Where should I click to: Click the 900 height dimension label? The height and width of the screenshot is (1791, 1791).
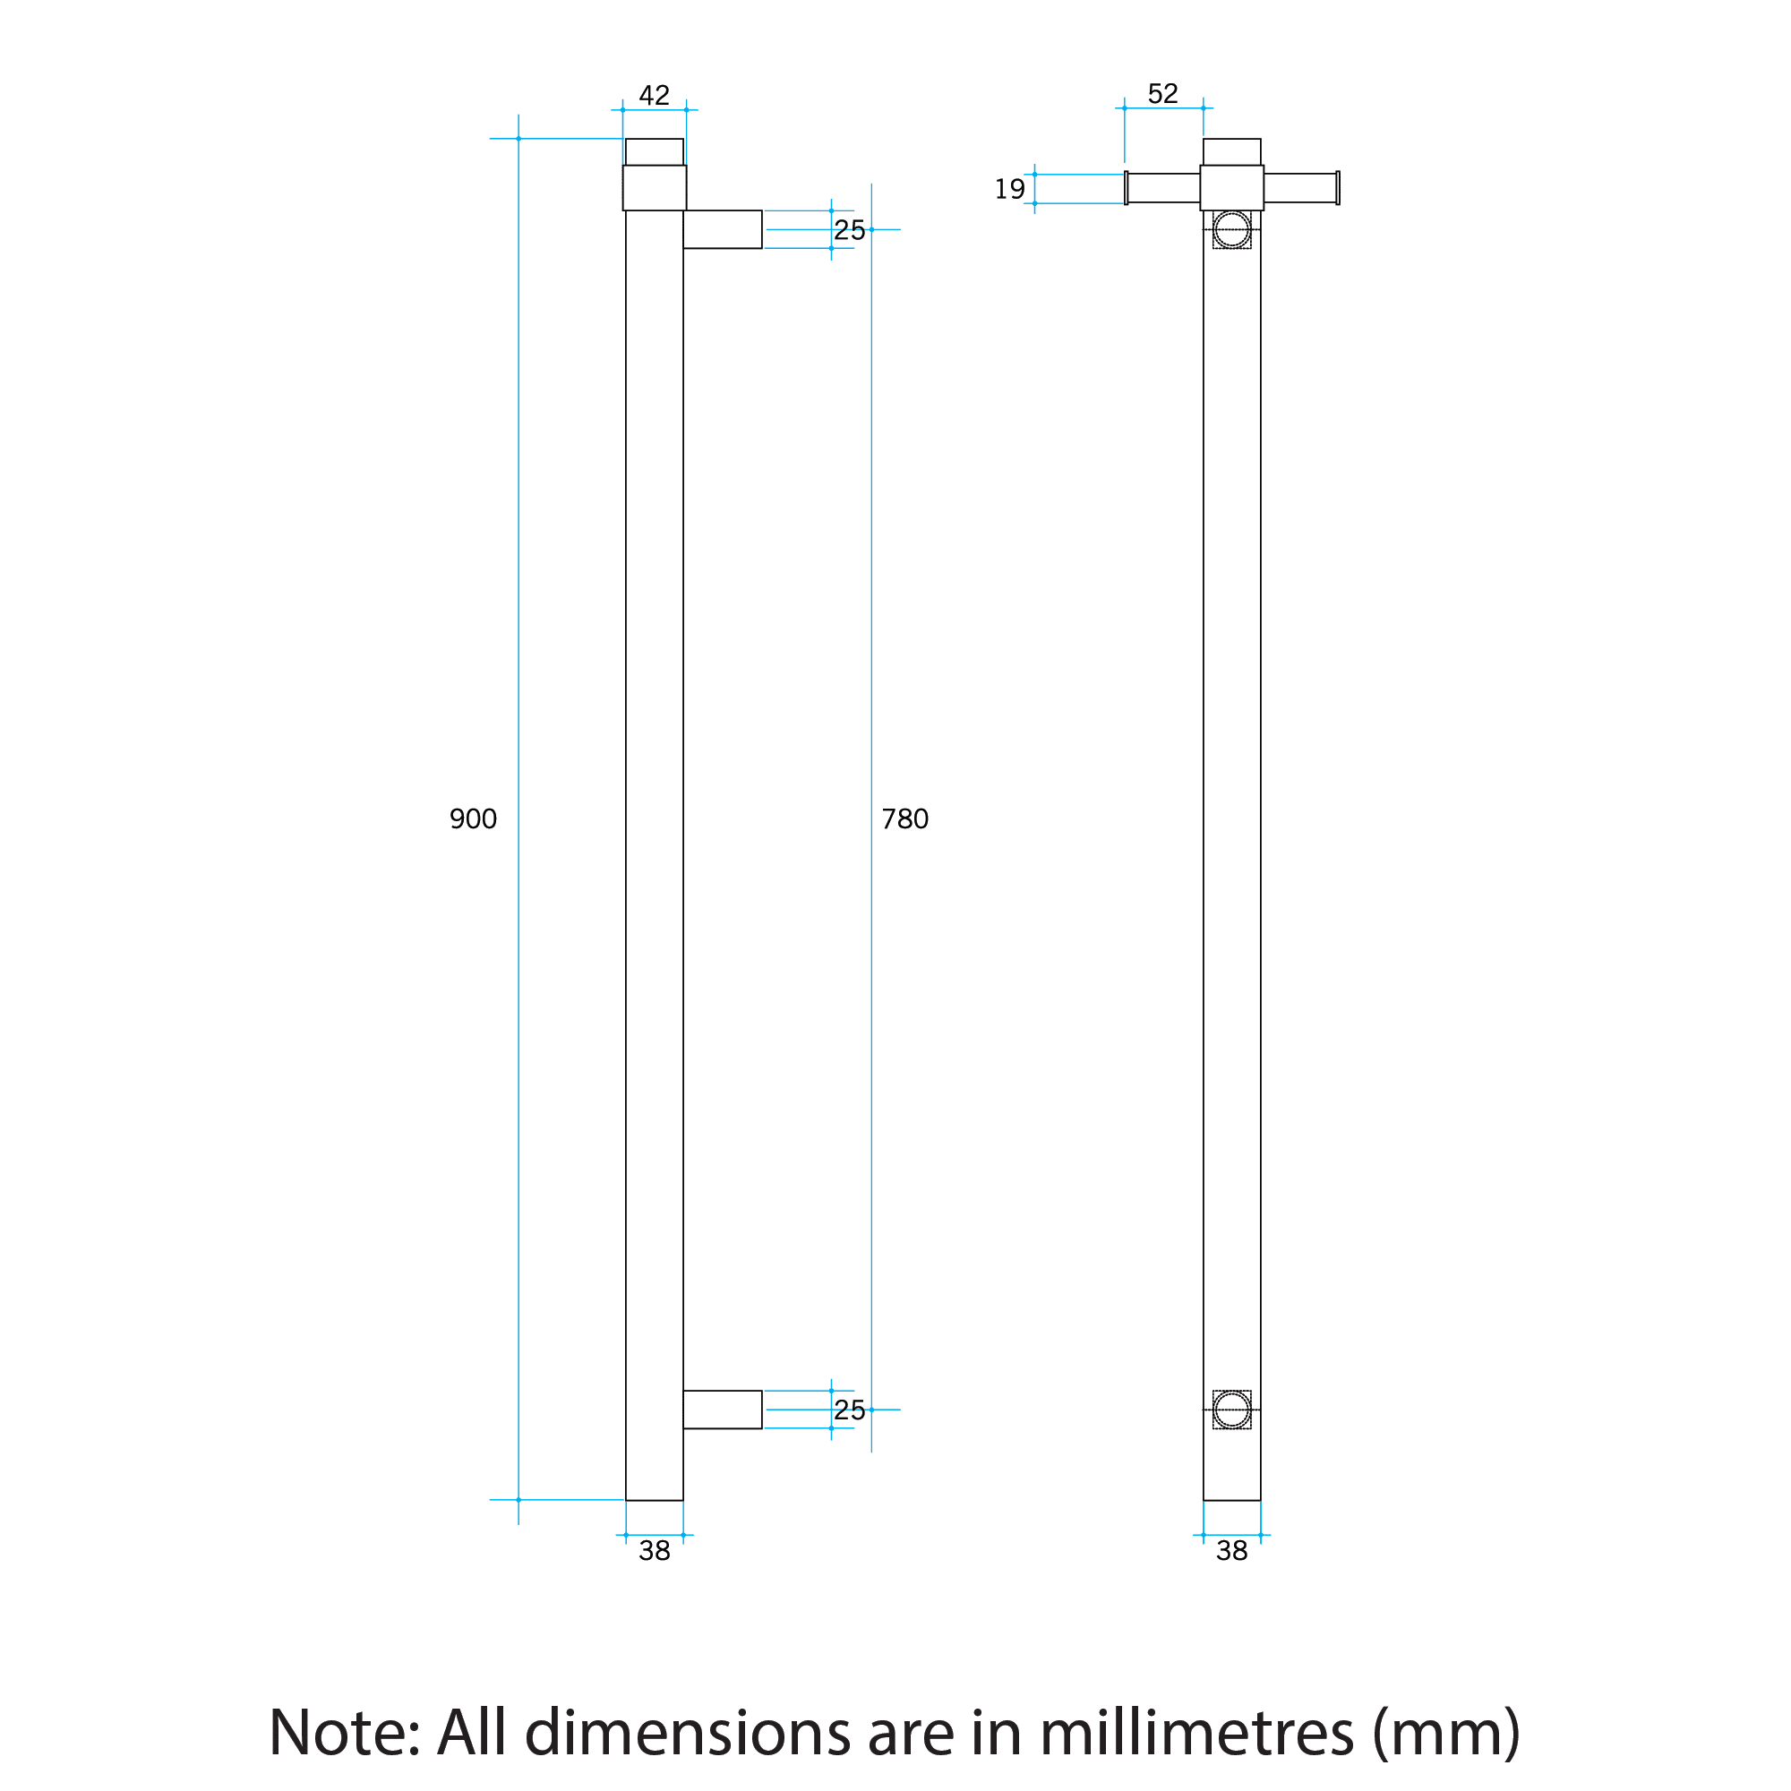473,818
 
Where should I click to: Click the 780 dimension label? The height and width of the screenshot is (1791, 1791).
904,818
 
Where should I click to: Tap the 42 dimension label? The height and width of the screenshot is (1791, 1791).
654,96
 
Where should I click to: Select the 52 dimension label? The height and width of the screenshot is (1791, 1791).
1162,94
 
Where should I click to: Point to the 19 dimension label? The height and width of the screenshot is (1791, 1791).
1009,189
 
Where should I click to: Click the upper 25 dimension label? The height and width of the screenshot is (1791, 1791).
848,230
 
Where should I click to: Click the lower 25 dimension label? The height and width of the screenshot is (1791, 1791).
848,1410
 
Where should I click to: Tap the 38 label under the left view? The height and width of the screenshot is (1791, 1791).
654,1551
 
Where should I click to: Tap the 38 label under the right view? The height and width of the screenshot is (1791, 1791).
1231,1551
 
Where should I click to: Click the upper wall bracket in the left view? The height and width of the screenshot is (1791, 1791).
722,229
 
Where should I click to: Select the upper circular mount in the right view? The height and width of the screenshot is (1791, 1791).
1231,229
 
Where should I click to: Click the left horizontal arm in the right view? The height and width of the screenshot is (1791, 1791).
1162,188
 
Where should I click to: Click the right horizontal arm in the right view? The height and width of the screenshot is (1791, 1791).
1299,188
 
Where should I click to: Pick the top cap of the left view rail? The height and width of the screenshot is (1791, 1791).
654,152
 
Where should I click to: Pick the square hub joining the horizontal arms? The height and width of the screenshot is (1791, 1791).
1231,188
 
